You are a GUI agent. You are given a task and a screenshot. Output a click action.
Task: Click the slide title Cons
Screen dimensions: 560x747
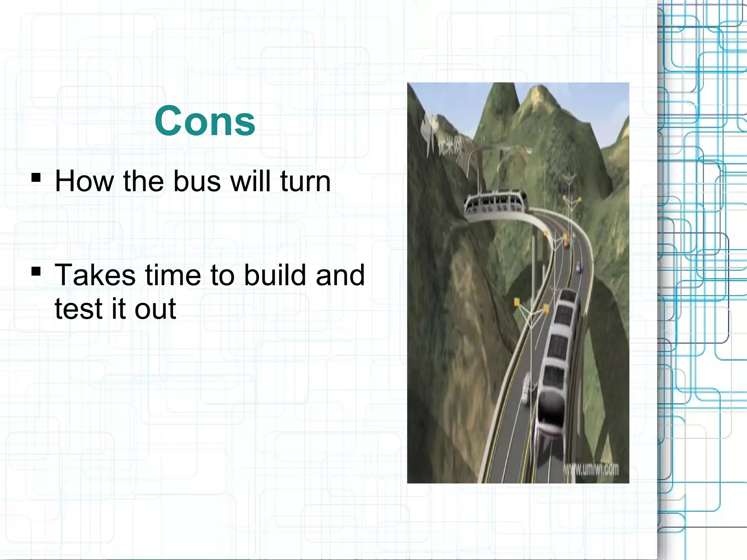[205, 121]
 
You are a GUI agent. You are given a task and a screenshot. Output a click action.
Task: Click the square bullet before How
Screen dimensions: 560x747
[36, 178]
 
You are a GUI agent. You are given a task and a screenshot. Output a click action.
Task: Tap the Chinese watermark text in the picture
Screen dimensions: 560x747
[449, 146]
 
